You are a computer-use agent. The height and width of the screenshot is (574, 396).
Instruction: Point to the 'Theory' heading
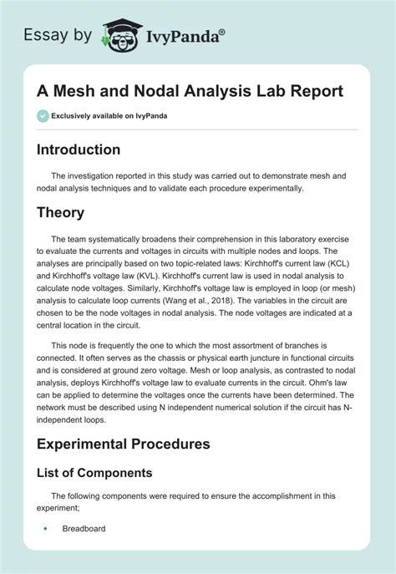pos(61,212)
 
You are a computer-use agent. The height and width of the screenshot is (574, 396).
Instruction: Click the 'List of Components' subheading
pos(94,472)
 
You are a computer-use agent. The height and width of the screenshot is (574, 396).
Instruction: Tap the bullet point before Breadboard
pos(43,528)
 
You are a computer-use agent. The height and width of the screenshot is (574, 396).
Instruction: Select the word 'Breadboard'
pos(84,528)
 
